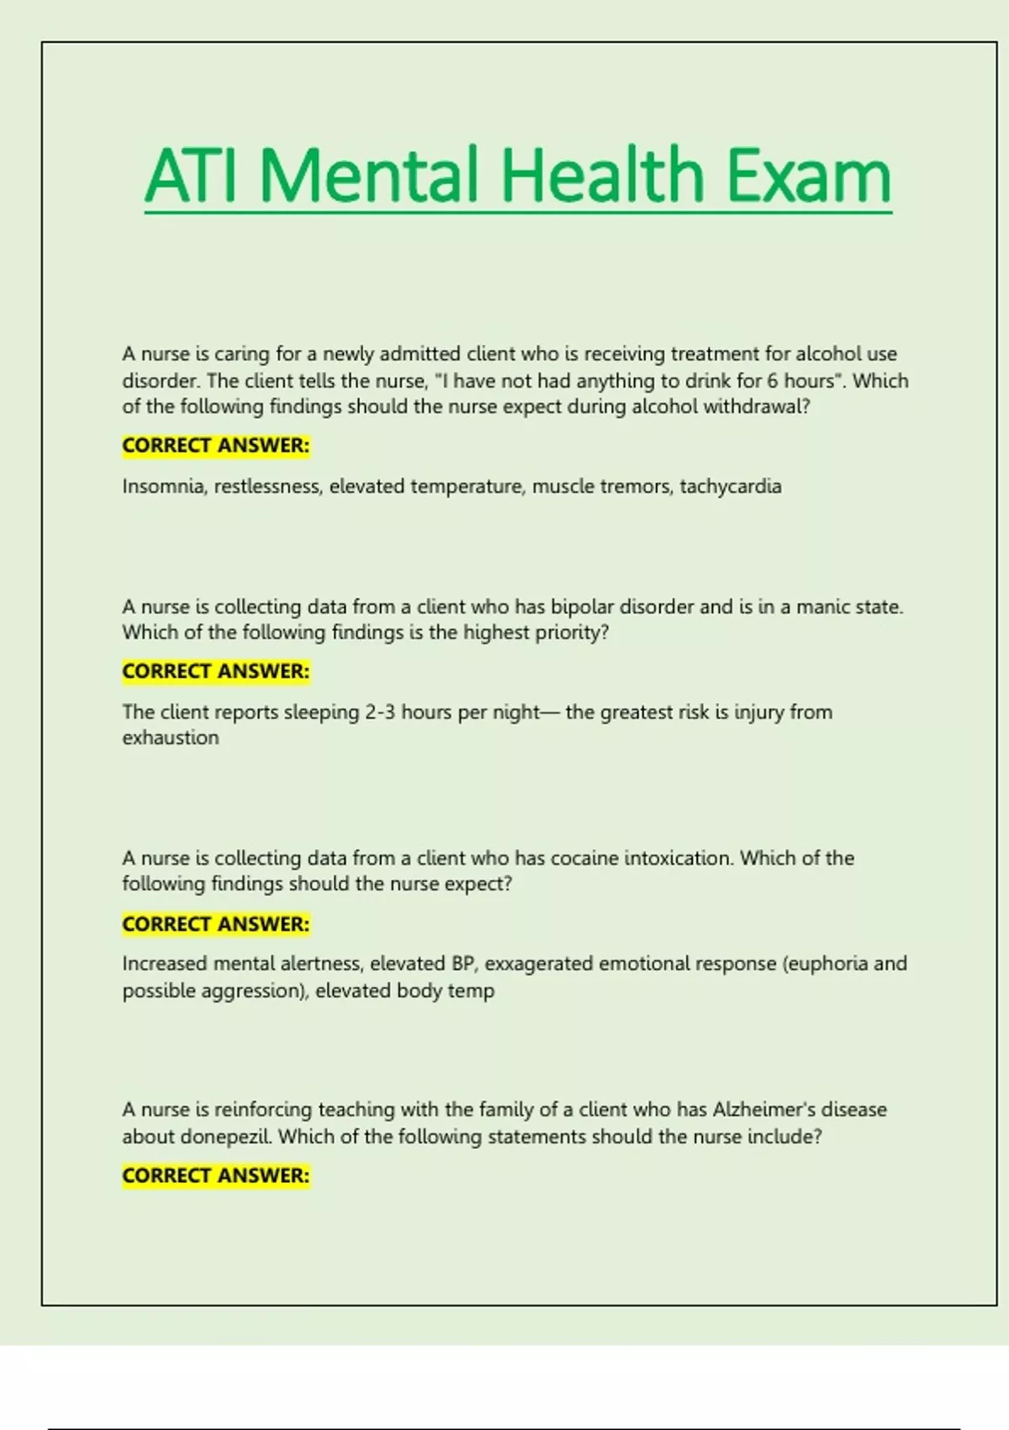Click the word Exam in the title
pyautogui.click(x=808, y=176)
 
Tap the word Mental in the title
pyautogui.click(x=371, y=176)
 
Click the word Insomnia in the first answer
pyautogui.click(x=163, y=486)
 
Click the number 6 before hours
pyautogui.click(x=772, y=380)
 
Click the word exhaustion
pyautogui.click(x=171, y=738)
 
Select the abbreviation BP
pyautogui.click(x=462, y=963)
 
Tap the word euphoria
pyautogui.click(x=828, y=963)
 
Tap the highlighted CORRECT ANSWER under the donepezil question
pyautogui.click(x=216, y=1175)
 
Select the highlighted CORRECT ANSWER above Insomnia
pyautogui.click(x=216, y=445)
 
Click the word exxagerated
pyautogui.click(x=539, y=963)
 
